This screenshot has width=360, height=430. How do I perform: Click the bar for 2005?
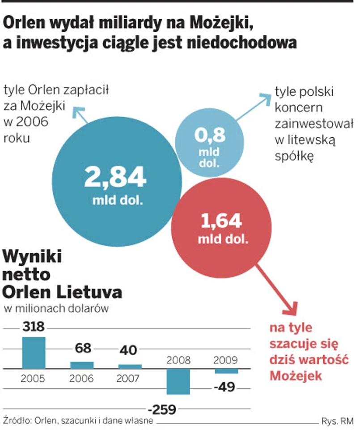[34, 353]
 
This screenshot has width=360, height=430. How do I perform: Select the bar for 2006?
[82, 365]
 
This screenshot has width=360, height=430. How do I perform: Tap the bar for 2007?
[130, 366]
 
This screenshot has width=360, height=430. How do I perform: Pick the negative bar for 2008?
[178, 382]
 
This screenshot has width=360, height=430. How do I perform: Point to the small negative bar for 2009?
[226, 371]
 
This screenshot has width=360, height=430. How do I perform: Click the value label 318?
[34, 328]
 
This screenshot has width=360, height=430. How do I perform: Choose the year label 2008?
[178, 361]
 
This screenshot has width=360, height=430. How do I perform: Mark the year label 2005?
[34, 379]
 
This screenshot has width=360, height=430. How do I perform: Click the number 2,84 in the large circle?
[115, 177]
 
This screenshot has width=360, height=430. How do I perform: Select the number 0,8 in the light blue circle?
[209, 135]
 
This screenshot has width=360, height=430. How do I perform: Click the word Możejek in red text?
[296, 376]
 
